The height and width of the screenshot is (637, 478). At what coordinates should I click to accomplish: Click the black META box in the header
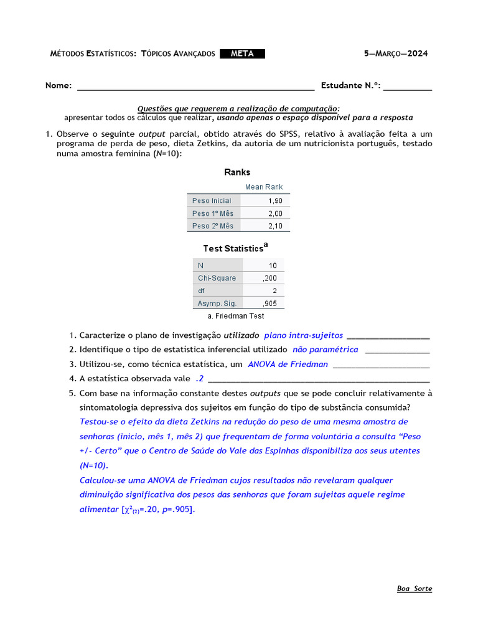point(242,53)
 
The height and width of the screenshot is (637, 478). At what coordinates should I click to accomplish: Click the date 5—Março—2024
point(396,53)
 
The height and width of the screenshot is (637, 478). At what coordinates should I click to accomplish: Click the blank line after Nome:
point(195,86)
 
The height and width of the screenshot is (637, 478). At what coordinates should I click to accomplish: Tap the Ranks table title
point(237,172)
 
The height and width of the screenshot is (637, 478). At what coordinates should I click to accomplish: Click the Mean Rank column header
point(264,187)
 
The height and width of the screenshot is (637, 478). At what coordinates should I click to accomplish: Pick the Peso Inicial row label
point(212,200)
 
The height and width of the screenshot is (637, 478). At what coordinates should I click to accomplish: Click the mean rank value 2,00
point(275,213)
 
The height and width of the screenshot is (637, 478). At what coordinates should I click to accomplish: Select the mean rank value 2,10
point(275,226)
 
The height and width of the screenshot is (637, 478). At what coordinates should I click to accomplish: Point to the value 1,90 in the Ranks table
point(275,200)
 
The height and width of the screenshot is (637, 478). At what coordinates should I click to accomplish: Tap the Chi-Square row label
point(217,278)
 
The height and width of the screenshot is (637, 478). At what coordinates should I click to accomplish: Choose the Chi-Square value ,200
point(269,278)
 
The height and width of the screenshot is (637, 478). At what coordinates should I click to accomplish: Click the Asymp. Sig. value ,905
point(269,303)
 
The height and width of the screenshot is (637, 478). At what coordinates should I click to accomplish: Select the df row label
point(202,291)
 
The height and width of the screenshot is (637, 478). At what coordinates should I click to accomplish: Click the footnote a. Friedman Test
point(236,316)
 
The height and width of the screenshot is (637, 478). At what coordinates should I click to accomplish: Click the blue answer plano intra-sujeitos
point(303,335)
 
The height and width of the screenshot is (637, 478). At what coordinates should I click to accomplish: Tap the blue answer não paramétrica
point(325,350)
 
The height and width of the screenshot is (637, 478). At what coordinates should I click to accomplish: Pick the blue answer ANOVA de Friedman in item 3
point(288,365)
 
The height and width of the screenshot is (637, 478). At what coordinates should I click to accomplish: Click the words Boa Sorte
point(415,588)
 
